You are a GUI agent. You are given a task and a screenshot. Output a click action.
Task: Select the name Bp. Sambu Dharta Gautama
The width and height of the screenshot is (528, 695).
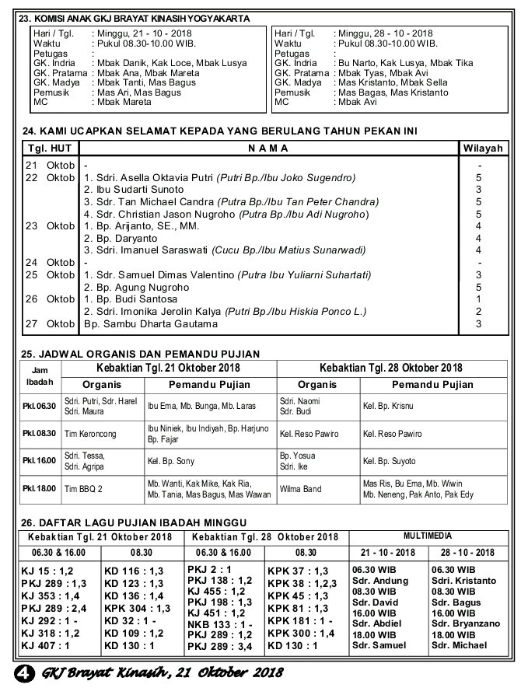pyautogui.click(x=152, y=323)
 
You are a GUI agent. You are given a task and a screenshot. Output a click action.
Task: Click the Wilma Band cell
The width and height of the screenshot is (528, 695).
pyautogui.click(x=300, y=489)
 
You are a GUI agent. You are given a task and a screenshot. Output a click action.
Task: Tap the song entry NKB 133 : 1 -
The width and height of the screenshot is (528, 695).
pyautogui.click(x=220, y=624)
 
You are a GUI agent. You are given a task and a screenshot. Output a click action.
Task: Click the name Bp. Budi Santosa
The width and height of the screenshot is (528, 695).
pyautogui.click(x=130, y=299)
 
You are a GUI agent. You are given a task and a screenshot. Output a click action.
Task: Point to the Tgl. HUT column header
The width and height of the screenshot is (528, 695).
pyautogui.click(x=50, y=148)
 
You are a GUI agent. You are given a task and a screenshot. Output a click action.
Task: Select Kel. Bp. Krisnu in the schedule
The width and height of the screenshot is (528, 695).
pyautogui.click(x=388, y=406)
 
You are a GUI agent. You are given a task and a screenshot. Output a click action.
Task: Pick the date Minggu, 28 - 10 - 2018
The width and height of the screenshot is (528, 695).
pyautogui.click(x=383, y=33)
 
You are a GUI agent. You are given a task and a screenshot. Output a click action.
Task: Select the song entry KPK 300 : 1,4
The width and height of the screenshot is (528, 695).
pyautogui.click(x=301, y=634)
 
